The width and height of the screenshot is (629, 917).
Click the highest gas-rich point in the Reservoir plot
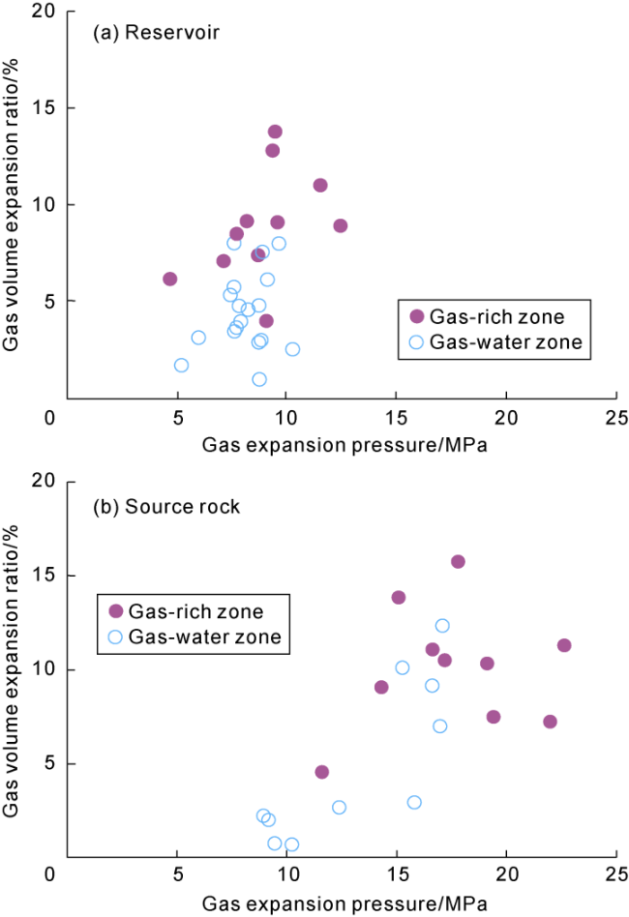[x=275, y=132]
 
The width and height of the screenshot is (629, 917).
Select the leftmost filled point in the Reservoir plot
[x=170, y=279]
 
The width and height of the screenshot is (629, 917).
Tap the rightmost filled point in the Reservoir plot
[x=340, y=225]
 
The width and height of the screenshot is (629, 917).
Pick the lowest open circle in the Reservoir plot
[x=259, y=379]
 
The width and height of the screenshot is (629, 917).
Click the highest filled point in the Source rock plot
[x=458, y=562]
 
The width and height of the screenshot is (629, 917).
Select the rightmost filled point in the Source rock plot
[x=564, y=645]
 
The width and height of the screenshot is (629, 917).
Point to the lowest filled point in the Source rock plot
[x=322, y=772]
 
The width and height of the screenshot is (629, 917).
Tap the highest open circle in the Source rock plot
[x=442, y=626]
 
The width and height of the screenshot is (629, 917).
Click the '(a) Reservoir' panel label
[x=155, y=34]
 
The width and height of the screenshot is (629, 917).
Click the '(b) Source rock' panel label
[x=166, y=507]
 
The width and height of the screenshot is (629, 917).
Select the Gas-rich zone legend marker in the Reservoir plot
[x=417, y=316]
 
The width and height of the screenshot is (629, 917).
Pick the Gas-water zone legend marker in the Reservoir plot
[x=417, y=341]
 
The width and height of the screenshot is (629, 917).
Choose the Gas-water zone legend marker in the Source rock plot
[x=116, y=636]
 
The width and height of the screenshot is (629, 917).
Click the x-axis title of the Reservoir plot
[x=344, y=445]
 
